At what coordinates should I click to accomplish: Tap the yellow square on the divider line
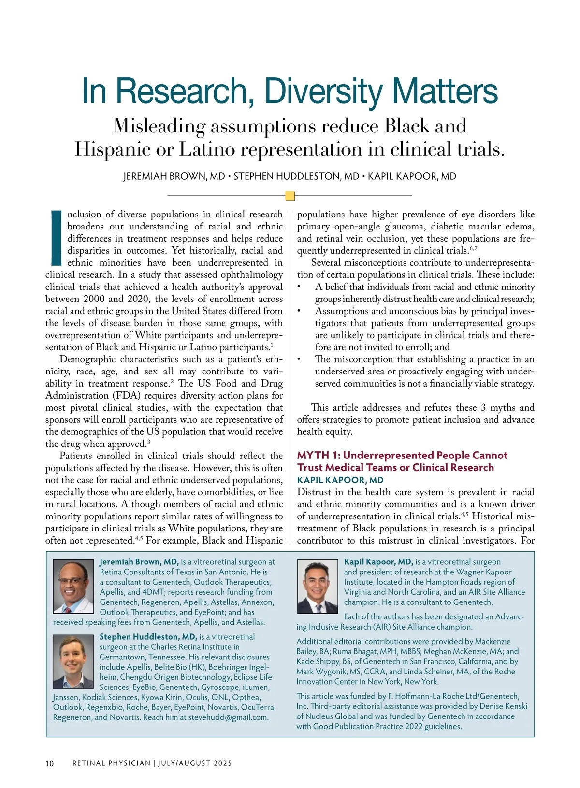(x=290, y=196)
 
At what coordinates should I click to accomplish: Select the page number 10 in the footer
(x=50, y=763)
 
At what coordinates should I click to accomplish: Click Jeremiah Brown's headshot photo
(x=73, y=586)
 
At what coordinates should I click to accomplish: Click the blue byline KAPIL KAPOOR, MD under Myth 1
(x=340, y=480)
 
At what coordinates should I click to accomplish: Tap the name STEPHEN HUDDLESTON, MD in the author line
(x=296, y=176)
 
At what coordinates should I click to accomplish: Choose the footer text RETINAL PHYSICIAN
(x=111, y=763)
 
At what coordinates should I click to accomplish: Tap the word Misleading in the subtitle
(x=159, y=126)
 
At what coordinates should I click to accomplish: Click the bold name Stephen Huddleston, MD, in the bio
(x=148, y=637)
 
